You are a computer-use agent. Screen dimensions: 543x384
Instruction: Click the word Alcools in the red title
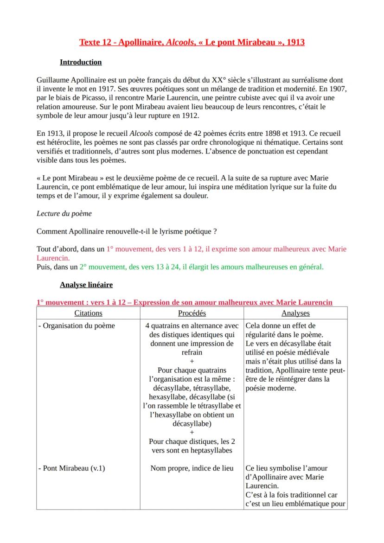coord(216,43)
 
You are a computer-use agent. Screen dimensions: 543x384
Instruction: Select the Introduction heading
coord(81,62)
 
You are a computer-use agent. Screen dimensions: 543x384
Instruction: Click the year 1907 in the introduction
coord(338,88)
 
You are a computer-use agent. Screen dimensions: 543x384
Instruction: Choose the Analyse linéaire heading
coord(86,284)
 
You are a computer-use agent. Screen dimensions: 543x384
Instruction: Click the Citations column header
coord(88,313)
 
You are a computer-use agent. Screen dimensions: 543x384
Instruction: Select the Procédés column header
coord(192,313)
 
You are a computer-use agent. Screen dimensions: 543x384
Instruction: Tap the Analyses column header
coord(295,313)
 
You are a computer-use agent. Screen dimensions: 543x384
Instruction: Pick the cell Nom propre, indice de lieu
coord(192,468)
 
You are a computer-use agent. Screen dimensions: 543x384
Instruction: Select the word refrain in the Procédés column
coord(192,352)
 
